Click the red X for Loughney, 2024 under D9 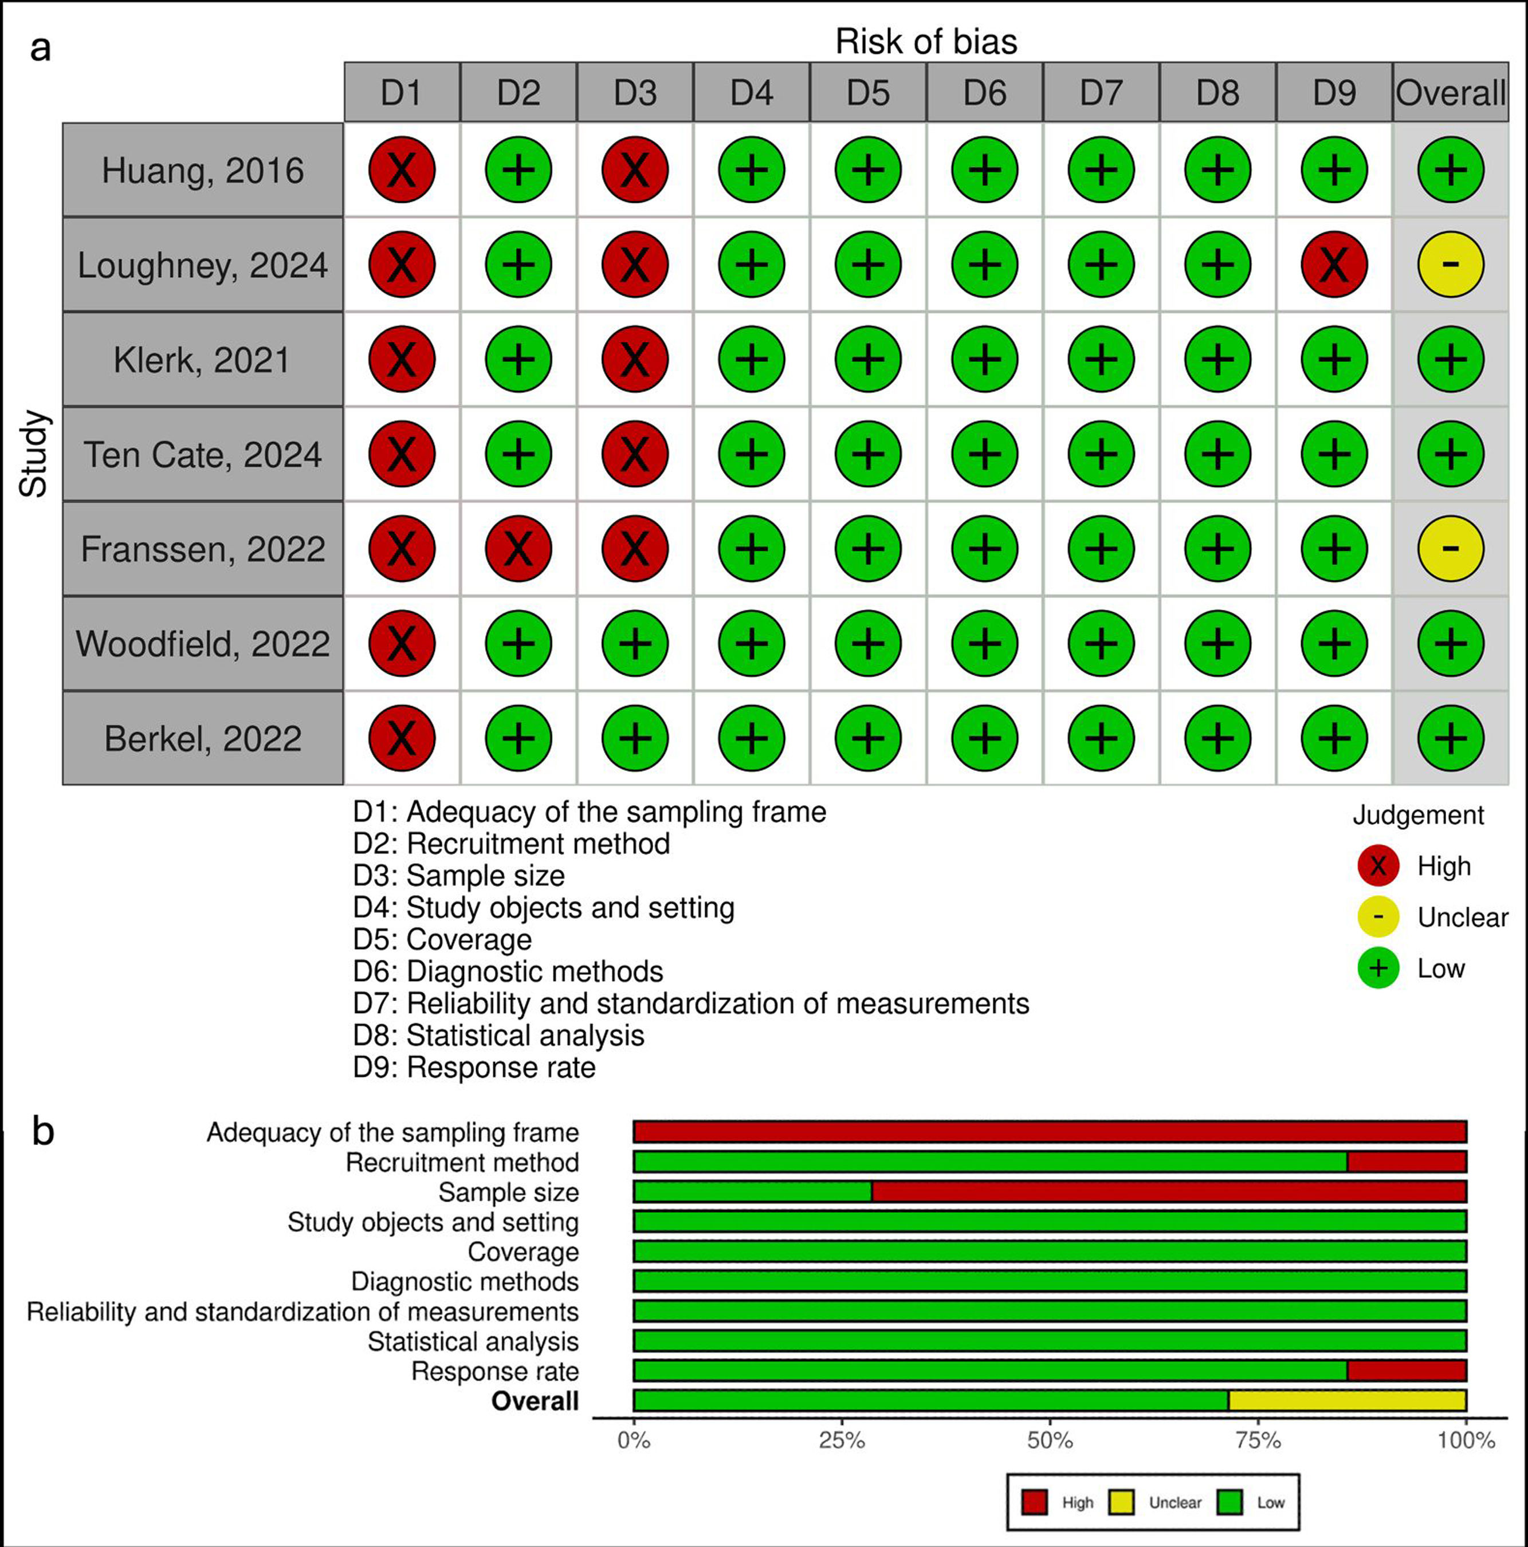[1334, 264]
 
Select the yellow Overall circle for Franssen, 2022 [1450, 549]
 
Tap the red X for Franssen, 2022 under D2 [518, 549]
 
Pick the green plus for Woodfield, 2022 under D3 [635, 643]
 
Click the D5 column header [868, 93]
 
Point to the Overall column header [1450, 93]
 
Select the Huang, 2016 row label [203, 170]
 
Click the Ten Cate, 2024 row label [203, 454]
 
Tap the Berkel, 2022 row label [203, 738]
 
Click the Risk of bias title [926, 42]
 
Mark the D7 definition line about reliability [691, 1003]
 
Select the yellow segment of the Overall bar [1347, 1400]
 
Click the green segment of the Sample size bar [752, 1191]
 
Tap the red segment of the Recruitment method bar [1407, 1161]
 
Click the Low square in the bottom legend [1230, 1502]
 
